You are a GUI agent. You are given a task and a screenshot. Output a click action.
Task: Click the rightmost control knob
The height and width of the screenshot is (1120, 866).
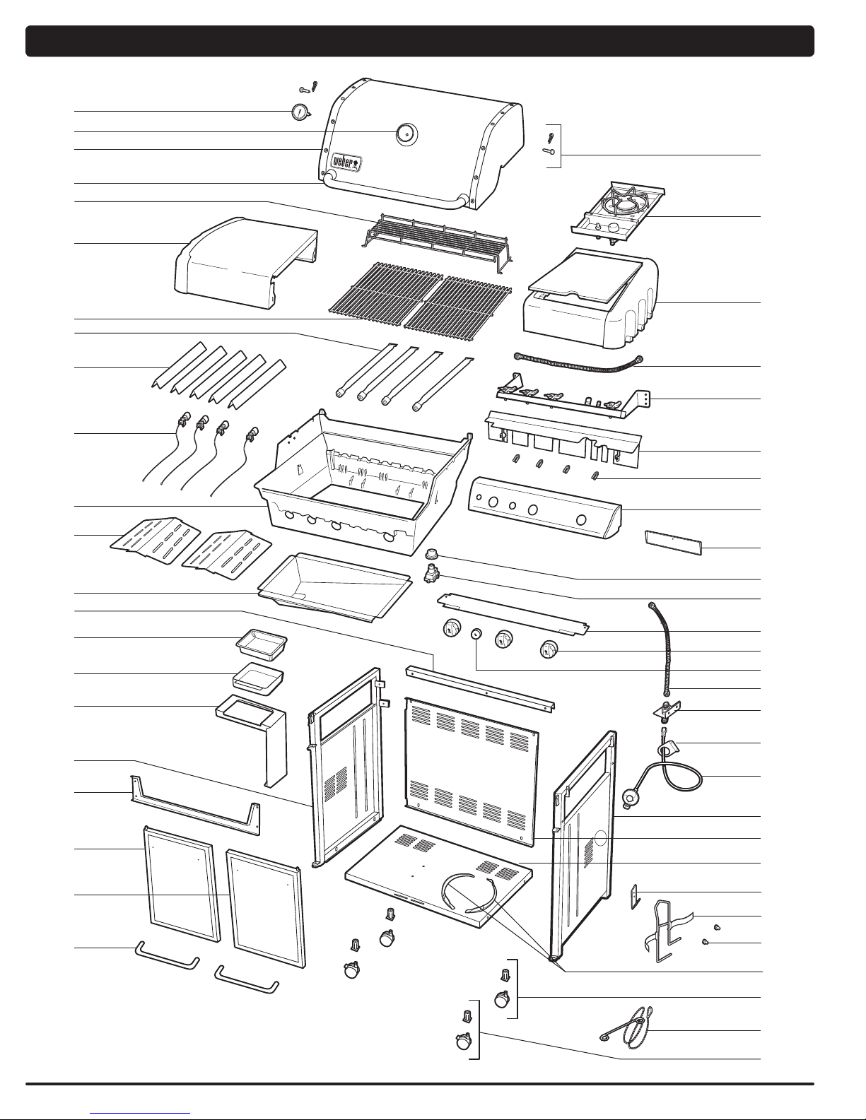tap(549, 649)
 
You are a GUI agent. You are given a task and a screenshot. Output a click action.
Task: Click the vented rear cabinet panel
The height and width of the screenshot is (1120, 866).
tap(471, 770)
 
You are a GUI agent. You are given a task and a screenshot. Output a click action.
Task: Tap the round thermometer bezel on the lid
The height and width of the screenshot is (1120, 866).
tap(406, 133)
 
